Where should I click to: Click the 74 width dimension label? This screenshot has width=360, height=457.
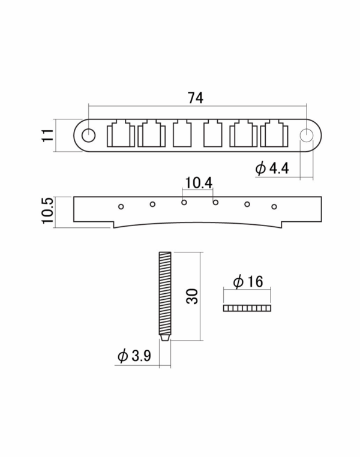196,98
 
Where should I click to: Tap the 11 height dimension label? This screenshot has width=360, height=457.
48,135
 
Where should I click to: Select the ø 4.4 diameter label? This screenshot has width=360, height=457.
272,169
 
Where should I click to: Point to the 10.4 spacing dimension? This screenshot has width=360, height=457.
199,183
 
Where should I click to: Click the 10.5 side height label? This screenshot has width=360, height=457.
47,211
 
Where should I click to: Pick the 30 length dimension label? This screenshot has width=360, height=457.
193,297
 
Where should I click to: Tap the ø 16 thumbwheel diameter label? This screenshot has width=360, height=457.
248,281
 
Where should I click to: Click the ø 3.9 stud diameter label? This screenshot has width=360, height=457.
134,356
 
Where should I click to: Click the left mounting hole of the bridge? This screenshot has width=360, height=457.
88,135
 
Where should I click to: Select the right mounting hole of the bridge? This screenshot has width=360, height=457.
307,135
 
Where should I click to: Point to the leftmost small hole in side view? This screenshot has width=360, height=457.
121,207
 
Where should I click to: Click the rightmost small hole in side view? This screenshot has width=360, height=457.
274,207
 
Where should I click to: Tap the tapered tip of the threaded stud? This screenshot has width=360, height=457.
165,338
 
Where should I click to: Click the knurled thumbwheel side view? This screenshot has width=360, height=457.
247,308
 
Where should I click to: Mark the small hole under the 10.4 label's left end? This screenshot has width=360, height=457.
184,202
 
